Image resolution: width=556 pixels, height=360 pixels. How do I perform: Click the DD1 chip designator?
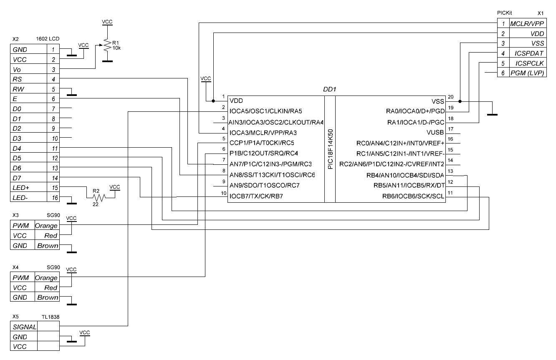coord(330,89)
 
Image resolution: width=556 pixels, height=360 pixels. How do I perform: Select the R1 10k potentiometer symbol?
coord(108,45)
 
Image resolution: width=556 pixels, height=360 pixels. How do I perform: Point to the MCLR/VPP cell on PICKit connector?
coord(527,24)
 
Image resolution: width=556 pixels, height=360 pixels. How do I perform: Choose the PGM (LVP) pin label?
coord(527,73)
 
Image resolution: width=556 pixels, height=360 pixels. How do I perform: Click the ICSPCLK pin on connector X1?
coord(529,63)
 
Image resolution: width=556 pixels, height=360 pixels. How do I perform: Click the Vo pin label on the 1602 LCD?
coord(17,69)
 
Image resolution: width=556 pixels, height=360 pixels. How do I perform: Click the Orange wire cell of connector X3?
coord(46,226)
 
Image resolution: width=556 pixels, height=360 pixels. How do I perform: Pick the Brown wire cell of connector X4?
coord(48,297)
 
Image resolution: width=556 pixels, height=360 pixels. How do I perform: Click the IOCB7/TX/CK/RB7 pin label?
coord(256,196)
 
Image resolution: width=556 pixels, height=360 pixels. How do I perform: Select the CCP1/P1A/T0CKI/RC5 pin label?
coord(262,143)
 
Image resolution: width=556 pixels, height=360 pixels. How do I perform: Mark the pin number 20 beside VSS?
coord(450,97)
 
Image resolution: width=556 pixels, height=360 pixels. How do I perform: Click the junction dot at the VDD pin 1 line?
coord(213,101)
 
